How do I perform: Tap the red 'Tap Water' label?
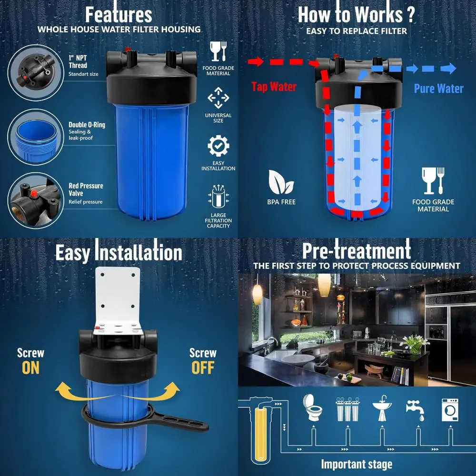(274, 87)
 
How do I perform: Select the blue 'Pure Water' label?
(438, 89)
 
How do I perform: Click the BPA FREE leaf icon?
(281, 181)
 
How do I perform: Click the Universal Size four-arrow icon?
(218, 98)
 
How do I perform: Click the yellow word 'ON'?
(30, 368)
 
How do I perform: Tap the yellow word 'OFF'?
(203, 368)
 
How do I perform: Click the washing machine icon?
(450, 410)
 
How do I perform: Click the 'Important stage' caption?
(357, 464)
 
